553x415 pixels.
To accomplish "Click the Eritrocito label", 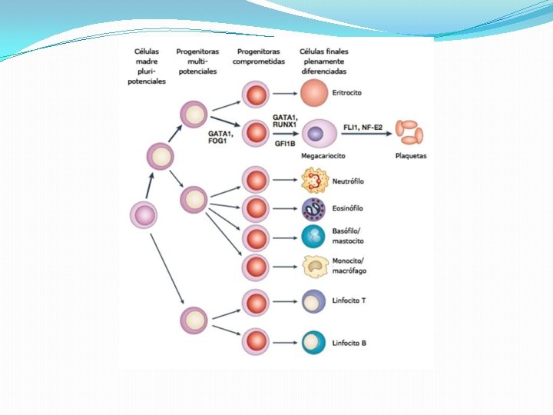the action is pyautogui.click(x=347, y=93).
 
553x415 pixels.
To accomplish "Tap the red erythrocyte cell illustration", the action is pyautogui.click(x=314, y=94).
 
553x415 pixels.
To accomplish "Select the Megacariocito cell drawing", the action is pyautogui.click(x=317, y=134).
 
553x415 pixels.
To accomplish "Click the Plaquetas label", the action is pyautogui.click(x=410, y=156).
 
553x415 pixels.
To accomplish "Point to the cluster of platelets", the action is pyautogui.click(x=409, y=132).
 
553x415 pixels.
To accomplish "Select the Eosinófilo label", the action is pyautogui.click(x=347, y=208).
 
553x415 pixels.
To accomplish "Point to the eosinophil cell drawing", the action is pyautogui.click(x=314, y=208).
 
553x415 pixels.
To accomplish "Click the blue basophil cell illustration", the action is pyautogui.click(x=314, y=237).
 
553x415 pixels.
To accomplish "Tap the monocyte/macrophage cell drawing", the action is pyautogui.click(x=315, y=266).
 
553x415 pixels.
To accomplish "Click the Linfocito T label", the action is pyautogui.click(x=349, y=300).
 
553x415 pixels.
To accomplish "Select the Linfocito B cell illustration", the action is pyautogui.click(x=314, y=341).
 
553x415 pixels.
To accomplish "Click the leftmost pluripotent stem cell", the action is pyautogui.click(x=143, y=214).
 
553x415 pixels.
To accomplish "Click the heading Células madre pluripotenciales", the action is pyautogui.click(x=146, y=65).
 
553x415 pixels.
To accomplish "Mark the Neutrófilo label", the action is pyautogui.click(x=348, y=181).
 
